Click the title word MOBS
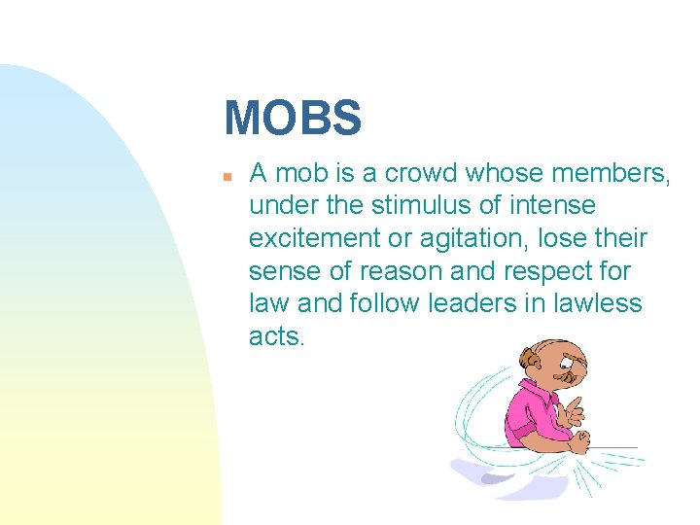(293, 118)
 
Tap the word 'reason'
(384, 270)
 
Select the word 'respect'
(542, 270)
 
